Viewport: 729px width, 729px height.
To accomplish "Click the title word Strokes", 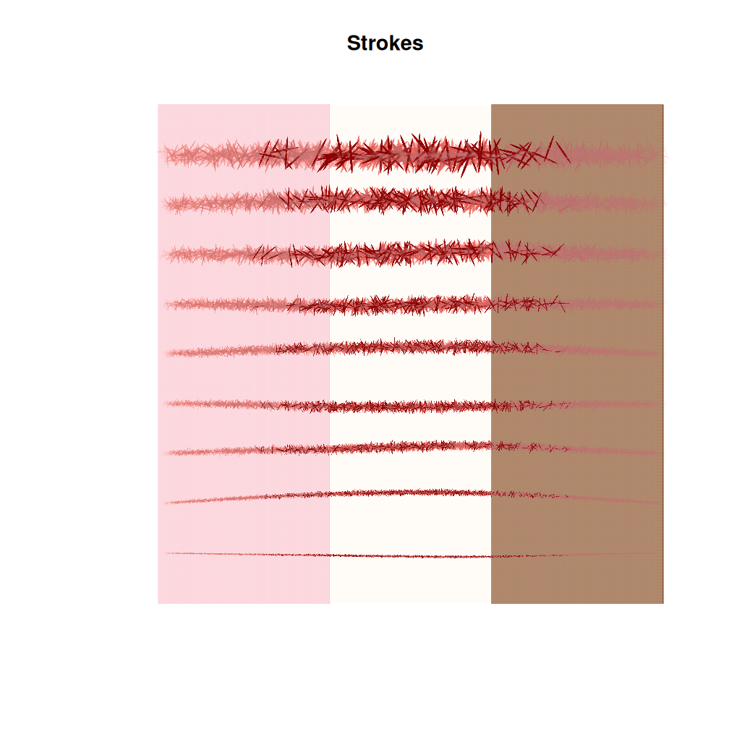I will [385, 43].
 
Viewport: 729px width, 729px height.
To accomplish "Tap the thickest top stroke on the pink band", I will [244, 154].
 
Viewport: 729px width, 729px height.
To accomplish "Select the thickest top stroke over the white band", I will [410, 153].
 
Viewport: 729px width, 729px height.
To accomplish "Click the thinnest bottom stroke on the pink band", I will [244, 554].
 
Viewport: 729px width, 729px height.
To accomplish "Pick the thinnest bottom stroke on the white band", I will [410, 556].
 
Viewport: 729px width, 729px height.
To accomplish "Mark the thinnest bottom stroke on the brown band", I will [576, 555].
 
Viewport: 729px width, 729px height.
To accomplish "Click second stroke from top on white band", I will [410, 200].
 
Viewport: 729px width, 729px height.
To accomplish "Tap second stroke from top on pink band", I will [244, 203].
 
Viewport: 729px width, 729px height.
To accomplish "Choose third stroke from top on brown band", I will [576, 252].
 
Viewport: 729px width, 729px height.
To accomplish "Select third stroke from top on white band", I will [410, 252].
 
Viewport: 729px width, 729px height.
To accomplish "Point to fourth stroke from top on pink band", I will [244, 305].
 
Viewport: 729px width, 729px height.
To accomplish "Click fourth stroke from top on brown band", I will [576, 304].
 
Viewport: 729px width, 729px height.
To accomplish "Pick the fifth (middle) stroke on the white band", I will [410, 348].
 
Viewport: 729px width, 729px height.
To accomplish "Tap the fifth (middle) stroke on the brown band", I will [576, 350].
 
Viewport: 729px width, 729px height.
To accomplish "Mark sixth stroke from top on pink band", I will [244, 404].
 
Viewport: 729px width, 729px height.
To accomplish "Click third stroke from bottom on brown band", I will [576, 449].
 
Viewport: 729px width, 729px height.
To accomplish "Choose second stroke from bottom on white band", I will [410, 493].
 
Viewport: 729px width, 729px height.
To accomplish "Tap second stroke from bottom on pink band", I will [244, 497].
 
